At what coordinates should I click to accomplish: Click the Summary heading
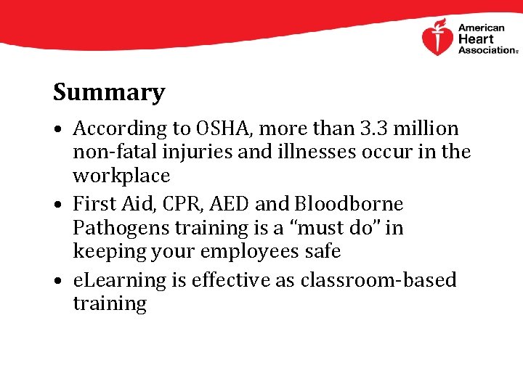pyautogui.click(x=109, y=93)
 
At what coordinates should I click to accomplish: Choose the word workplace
pyautogui.click(x=121, y=176)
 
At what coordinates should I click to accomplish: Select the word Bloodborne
pyautogui.click(x=346, y=205)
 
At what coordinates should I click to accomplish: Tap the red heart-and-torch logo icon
pyautogui.click(x=437, y=38)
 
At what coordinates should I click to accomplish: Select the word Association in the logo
pyautogui.click(x=486, y=50)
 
